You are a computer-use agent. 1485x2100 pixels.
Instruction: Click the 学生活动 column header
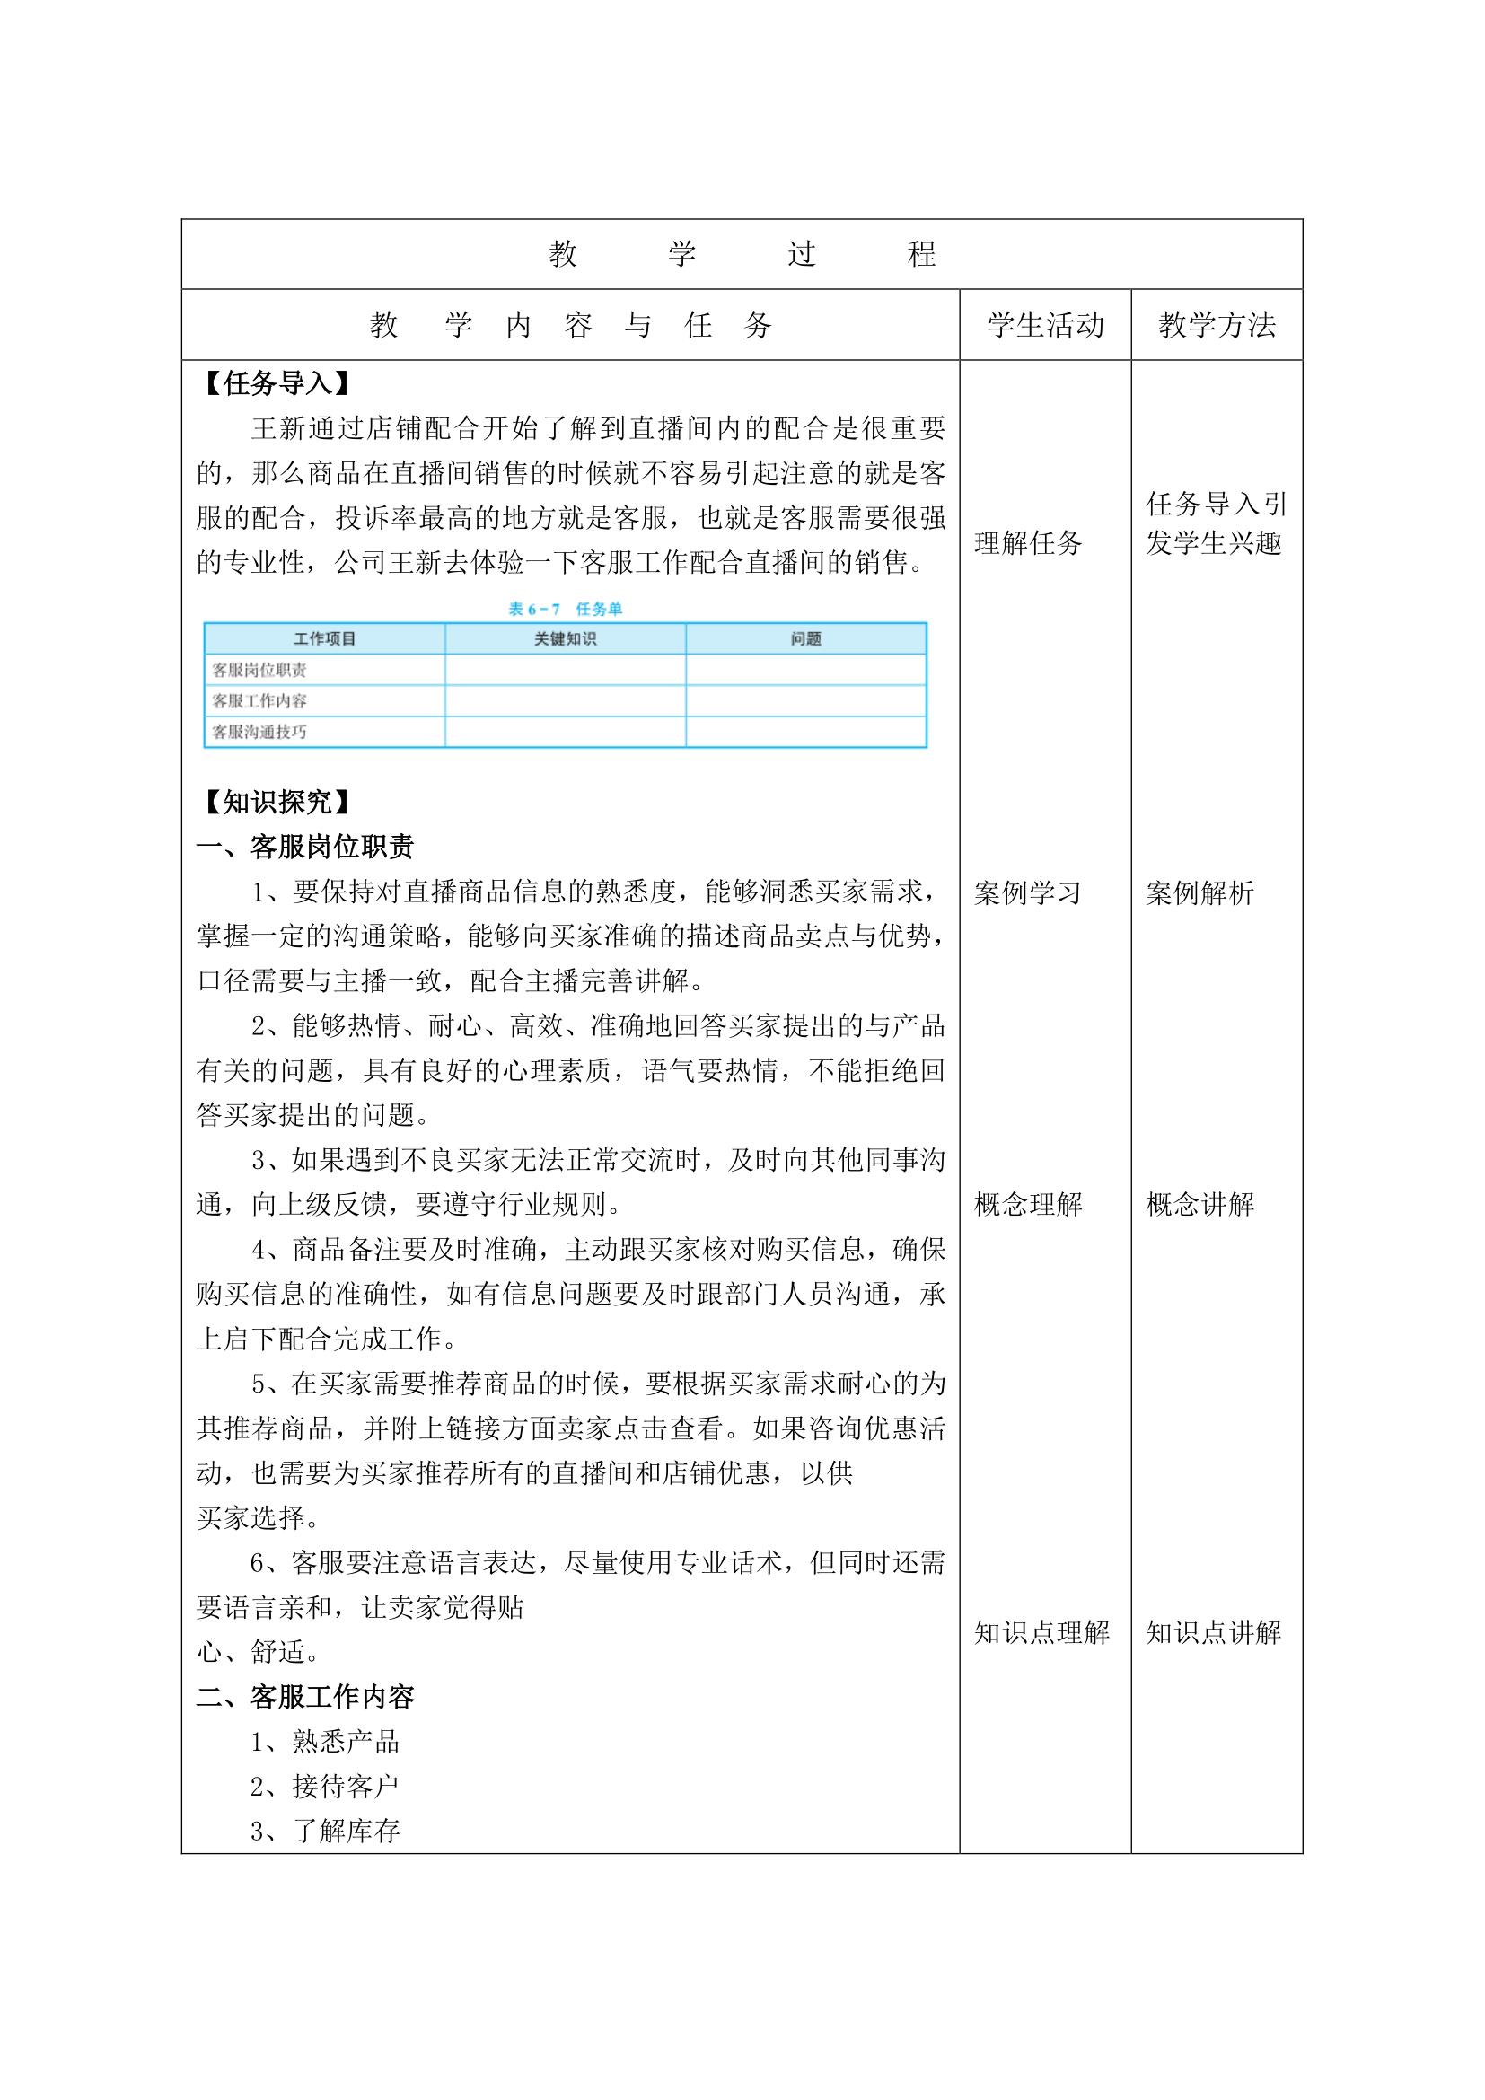[1044, 325]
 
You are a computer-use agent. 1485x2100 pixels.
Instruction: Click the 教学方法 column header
[1217, 325]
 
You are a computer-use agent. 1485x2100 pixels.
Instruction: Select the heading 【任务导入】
[276, 383]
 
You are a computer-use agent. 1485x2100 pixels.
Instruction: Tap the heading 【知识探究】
[276, 802]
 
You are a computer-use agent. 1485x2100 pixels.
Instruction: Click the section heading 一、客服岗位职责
[305, 846]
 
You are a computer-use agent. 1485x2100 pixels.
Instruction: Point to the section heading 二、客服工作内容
[305, 1698]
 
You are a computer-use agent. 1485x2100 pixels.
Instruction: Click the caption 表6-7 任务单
[565, 609]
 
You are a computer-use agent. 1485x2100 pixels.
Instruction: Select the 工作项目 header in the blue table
[325, 638]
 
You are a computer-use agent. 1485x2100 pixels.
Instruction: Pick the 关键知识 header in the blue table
[565, 638]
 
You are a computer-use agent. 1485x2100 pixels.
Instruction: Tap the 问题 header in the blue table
[805, 638]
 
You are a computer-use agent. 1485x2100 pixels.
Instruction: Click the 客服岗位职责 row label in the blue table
[259, 671]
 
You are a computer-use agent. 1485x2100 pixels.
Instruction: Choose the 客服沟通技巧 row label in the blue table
[259, 732]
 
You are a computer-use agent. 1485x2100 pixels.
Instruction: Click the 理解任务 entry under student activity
[1028, 543]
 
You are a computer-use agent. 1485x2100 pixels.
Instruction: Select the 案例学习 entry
[1028, 892]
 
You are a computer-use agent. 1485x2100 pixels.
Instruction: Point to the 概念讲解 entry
[1199, 1205]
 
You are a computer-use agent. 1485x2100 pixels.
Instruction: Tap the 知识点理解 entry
[1041, 1632]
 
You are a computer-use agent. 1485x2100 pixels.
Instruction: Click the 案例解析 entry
[1199, 892]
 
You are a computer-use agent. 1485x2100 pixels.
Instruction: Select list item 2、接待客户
[326, 1787]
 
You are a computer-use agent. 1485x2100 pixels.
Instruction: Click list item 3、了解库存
[326, 1831]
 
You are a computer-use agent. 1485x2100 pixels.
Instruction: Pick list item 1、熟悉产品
[326, 1742]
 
